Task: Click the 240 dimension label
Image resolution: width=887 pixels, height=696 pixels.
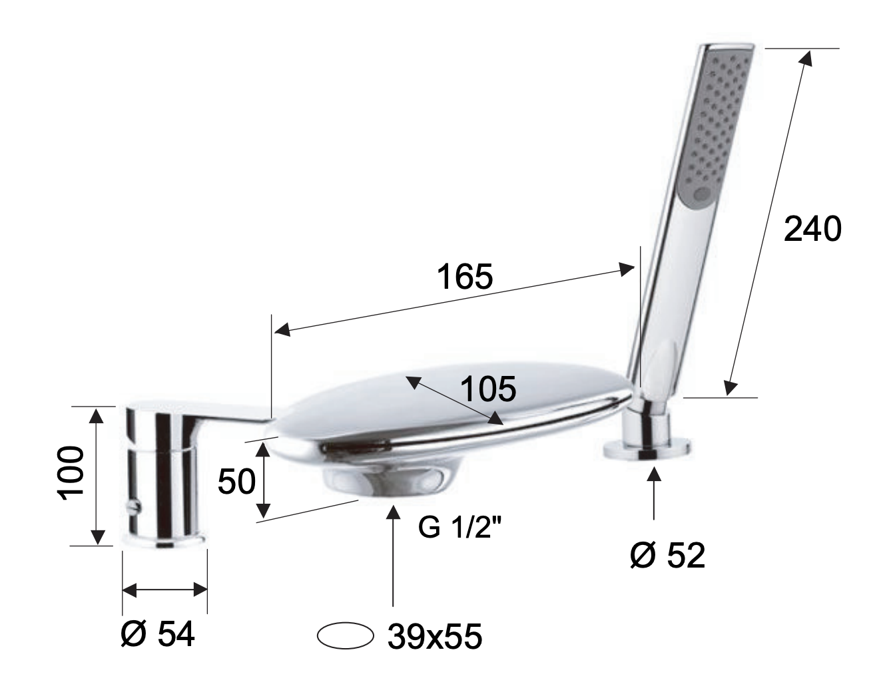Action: tap(812, 229)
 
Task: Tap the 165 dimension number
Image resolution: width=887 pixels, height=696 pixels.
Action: tap(465, 276)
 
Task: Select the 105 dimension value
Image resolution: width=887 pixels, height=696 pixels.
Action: tap(488, 389)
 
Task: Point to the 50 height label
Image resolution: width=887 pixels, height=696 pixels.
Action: tap(237, 481)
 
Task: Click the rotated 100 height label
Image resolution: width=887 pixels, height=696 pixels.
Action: tap(71, 473)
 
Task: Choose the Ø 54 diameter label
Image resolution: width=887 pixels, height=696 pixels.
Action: tap(158, 634)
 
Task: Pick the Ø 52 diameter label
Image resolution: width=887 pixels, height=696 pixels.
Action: tap(668, 555)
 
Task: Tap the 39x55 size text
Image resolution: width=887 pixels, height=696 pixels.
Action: tap(435, 637)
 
